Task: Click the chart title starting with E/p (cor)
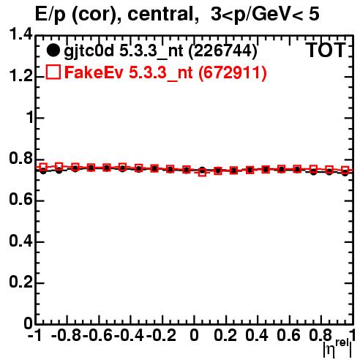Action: [x=177, y=15]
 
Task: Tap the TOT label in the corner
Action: [x=326, y=50]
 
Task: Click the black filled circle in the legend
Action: [x=53, y=50]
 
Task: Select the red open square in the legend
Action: [x=53, y=72]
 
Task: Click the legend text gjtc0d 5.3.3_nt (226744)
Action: [x=160, y=51]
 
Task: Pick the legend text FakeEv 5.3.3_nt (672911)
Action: [x=165, y=72]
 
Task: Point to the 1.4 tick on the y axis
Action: [x=20, y=35]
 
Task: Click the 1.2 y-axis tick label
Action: [x=20, y=76]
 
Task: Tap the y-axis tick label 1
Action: [x=30, y=118]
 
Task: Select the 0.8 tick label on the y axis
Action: [x=20, y=159]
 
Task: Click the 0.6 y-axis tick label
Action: [x=20, y=200]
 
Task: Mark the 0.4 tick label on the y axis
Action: [x=20, y=241]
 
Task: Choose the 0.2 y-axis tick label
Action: [x=20, y=282]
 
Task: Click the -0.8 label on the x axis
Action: [x=67, y=335]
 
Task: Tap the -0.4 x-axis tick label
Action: [x=129, y=335]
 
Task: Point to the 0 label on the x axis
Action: [x=194, y=335]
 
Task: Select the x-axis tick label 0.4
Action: [x=257, y=335]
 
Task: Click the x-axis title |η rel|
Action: [x=337, y=349]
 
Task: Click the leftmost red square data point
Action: [x=43, y=168]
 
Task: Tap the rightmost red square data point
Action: [x=345, y=170]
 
